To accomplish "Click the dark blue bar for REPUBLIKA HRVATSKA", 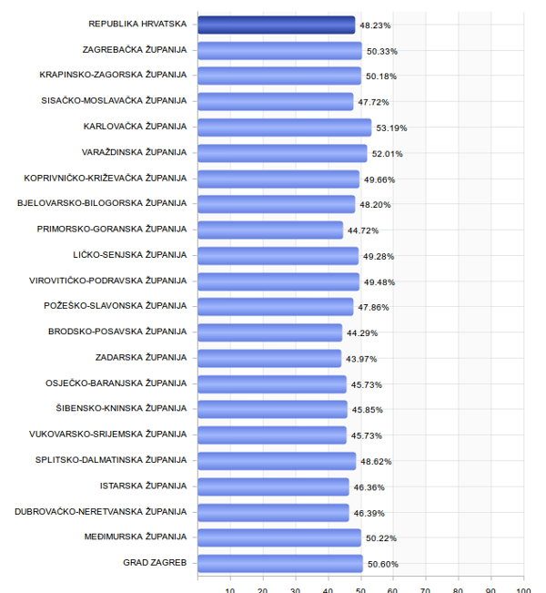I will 276,25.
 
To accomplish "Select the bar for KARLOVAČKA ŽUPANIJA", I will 284,127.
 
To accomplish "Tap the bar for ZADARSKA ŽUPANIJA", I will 269,358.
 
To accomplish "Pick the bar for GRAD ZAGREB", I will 280,563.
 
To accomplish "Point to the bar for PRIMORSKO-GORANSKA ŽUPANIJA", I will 270,230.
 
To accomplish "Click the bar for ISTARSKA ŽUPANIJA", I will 273,486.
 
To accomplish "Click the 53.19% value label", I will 393,128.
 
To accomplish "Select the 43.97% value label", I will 362,359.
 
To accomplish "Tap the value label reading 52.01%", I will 389,154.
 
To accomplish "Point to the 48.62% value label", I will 378,462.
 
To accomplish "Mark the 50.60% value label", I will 383,564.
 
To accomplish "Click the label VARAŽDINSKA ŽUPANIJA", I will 134,152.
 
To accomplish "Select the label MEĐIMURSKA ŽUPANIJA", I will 136,537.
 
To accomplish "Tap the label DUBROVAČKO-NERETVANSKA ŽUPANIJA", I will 101,511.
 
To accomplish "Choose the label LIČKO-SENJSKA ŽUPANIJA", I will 129,254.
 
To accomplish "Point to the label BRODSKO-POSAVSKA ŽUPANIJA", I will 117,332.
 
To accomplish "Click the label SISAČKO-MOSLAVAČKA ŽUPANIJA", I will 114,100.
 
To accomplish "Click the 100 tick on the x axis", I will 523,588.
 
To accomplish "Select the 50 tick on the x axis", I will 360,588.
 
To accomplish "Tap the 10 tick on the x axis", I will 230,588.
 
